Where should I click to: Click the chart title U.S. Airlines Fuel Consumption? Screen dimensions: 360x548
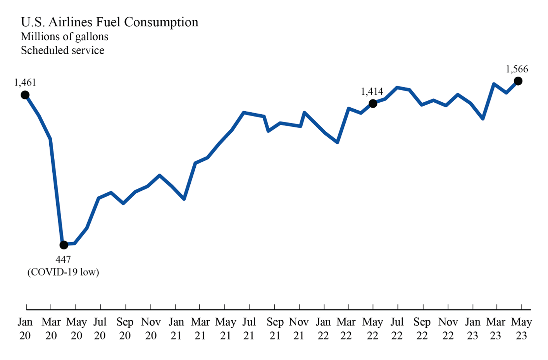coord(109,22)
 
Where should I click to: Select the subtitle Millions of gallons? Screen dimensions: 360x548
coord(64,36)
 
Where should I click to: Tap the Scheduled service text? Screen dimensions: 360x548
coord(62,50)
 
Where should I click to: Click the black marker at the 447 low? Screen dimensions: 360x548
coord(64,245)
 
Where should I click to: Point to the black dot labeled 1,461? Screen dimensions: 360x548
coord(25,95)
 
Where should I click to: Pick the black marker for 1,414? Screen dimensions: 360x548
coord(373,103)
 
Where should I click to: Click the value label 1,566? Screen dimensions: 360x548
coord(517,69)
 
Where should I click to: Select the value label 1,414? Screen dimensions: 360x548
coord(372,91)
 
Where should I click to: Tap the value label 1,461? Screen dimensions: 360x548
coord(25,83)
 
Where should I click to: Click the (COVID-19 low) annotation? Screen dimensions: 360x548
coord(63,272)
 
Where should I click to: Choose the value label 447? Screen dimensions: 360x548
coord(63,259)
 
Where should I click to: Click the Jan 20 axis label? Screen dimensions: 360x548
coord(25,329)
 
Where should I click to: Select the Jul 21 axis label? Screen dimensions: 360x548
coord(249,329)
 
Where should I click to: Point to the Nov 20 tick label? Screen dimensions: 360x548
coord(151,329)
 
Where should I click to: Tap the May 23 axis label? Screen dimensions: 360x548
coord(521,329)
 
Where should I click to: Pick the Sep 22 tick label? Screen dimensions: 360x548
coord(422,329)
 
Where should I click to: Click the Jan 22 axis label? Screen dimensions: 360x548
coord(323,329)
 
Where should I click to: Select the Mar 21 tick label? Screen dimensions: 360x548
coord(200,329)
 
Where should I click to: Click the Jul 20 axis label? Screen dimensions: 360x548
coord(100,329)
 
